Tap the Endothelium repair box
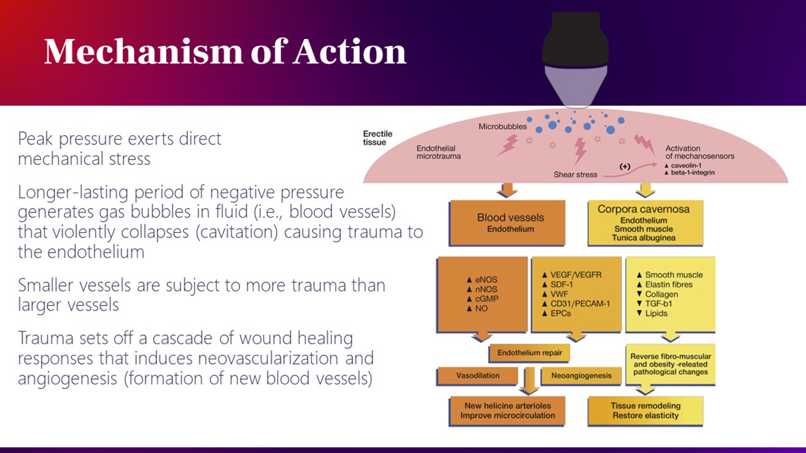[529, 353]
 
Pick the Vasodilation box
[478, 376]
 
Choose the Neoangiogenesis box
[580, 376]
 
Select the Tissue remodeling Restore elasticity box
[644, 411]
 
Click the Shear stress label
[575, 175]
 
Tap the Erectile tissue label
[377, 138]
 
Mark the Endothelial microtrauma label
[439, 152]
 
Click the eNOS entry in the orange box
[486, 280]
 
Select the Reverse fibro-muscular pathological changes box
[669, 364]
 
